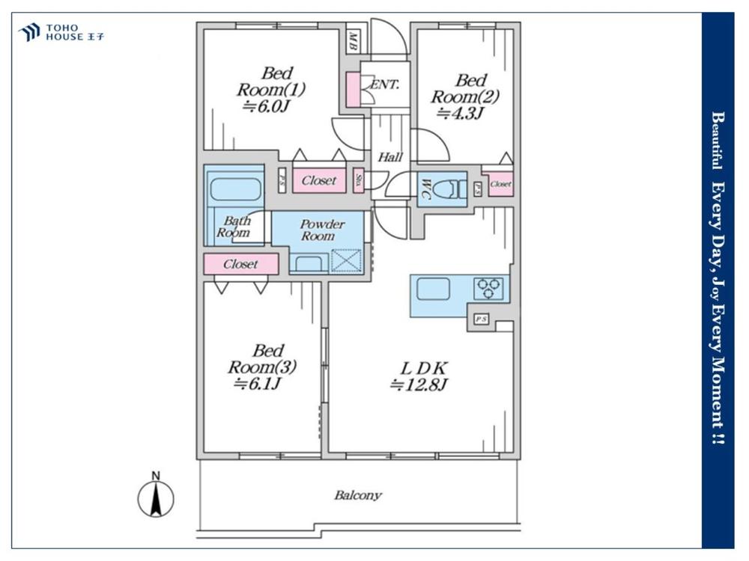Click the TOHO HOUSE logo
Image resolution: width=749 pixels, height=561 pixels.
[x=61, y=32]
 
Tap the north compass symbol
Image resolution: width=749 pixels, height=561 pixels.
[x=156, y=497]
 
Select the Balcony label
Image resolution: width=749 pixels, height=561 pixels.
[x=358, y=495]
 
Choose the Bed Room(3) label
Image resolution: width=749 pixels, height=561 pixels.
[x=263, y=359]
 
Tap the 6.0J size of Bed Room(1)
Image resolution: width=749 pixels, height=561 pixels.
[x=265, y=106]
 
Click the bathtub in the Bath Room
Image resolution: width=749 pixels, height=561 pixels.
[x=234, y=187]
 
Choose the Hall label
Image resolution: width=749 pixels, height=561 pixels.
[x=390, y=158]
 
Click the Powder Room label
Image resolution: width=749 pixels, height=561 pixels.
[x=322, y=230]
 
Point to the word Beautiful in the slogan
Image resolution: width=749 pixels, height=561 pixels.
[x=716, y=141]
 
